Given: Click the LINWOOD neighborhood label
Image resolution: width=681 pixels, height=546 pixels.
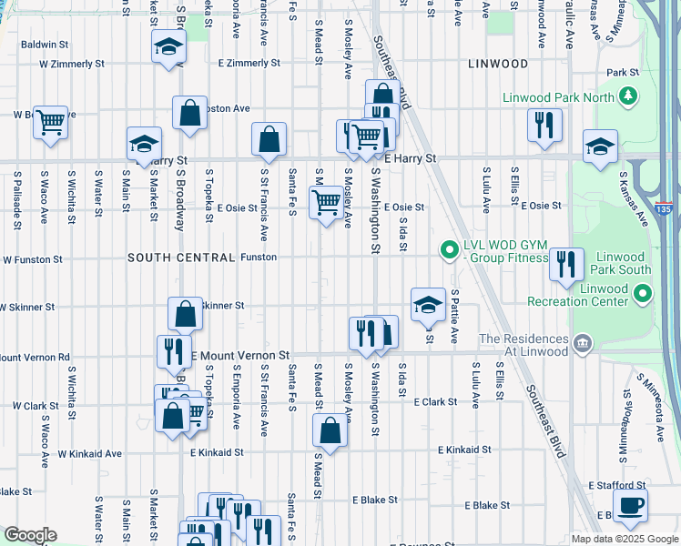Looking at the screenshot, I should pyautogui.click(x=497, y=64).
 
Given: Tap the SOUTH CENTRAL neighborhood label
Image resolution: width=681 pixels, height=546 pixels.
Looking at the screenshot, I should pyautogui.click(x=182, y=258).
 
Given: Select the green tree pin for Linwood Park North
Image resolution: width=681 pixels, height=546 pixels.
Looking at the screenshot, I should pyautogui.click(x=626, y=96).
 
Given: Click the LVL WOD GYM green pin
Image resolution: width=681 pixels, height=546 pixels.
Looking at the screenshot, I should pyautogui.click(x=448, y=248).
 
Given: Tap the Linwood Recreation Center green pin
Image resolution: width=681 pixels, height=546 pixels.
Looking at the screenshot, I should pyautogui.click(x=644, y=293).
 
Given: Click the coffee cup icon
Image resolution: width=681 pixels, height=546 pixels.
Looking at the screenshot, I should pyautogui.click(x=631, y=506).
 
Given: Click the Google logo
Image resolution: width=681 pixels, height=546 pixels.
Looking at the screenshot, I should pyautogui.click(x=29, y=535).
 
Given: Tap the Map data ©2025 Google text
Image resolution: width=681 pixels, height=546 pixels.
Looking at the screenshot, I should pyautogui.click(x=624, y=539).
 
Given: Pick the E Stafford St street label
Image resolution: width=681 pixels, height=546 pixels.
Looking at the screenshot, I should pyautogui.click(x=617, y=486).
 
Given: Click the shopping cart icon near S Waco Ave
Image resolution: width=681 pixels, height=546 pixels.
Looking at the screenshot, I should pyautogui.click(x=50, y=121).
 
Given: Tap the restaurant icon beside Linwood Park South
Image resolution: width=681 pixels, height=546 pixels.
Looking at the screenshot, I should pyautogui.click(x=565, y=265).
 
